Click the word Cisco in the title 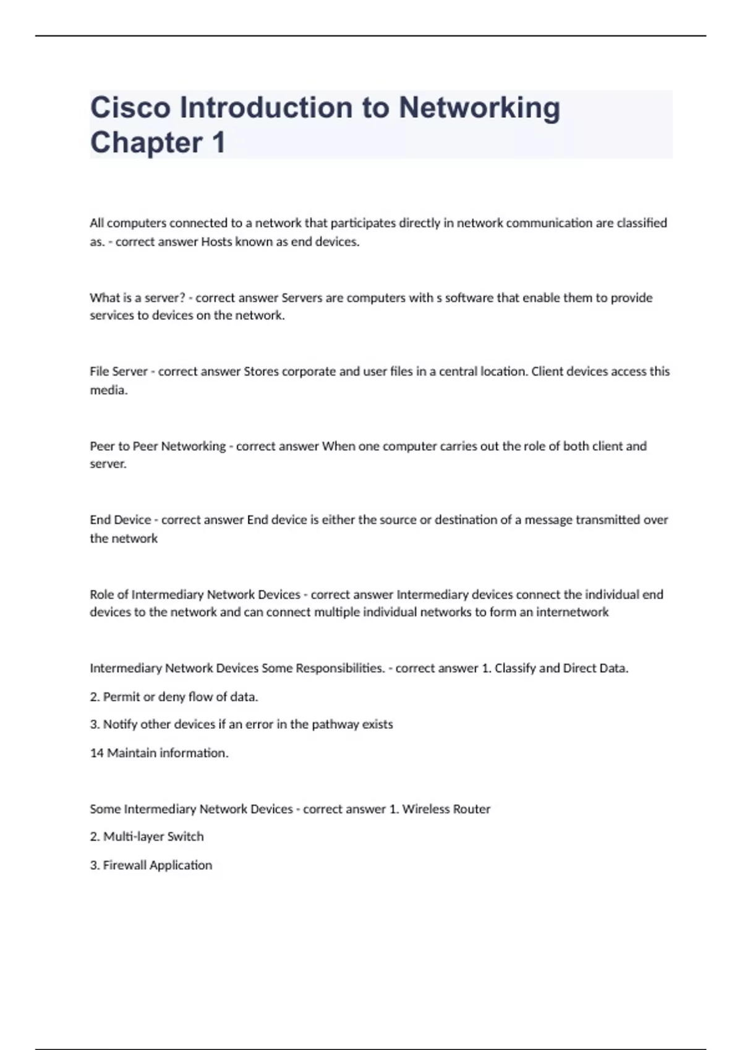point(130,107)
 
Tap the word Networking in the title point(479,107)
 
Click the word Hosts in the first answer point(216,241)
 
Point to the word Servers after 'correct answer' point(302,298)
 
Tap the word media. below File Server point(109,390)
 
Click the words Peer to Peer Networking point(158,446)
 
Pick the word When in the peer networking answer point(338,446)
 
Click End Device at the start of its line point(121,519)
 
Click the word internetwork point(572,612)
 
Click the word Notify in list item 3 point(120,724)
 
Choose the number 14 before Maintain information point(96,753)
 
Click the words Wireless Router point(446,809)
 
